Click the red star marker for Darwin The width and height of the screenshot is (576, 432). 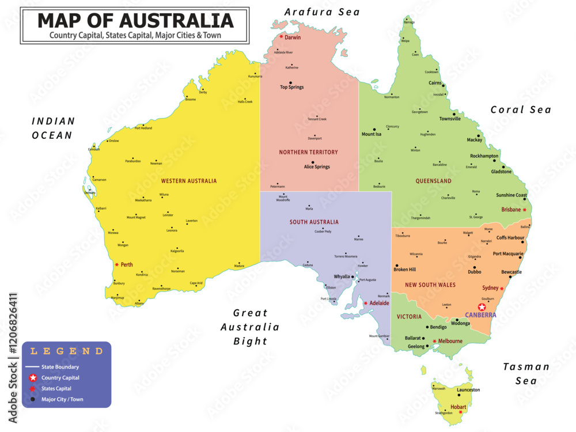point(281,37)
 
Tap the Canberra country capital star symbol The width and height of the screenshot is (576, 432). point(482,307)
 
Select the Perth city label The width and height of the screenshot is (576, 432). point(127,265)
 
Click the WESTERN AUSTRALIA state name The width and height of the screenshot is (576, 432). point(189,181)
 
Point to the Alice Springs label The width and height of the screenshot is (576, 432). point(317,167)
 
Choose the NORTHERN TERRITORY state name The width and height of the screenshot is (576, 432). point(309,153)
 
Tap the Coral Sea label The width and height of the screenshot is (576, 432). point(521,109)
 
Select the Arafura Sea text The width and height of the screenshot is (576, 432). point(322,12)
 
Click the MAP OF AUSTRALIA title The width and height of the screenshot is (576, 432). point(135,21)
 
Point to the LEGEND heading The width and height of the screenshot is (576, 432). point(67,351)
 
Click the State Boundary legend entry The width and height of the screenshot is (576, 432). point(60,367)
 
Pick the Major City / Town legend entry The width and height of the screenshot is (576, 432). point(62,399)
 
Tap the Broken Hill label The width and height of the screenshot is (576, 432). point(404,270)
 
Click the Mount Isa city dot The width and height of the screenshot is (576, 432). point(374,129)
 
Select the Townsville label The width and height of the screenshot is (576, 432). point(450,119)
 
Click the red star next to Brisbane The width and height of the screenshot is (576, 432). point(524,210)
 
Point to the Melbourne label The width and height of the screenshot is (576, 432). point(450,341)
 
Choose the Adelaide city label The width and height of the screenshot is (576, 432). point(379,303)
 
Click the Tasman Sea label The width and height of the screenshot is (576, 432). point(526,373)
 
